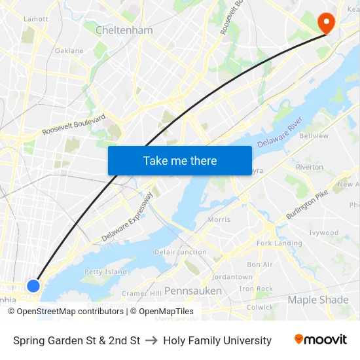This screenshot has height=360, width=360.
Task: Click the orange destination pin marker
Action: point(325,23)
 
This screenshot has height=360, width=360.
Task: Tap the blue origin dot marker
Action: point(33,285)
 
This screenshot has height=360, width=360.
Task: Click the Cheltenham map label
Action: point(124,30)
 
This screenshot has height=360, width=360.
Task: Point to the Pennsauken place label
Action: point(192,291)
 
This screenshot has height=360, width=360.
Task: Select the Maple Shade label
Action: point(318,300)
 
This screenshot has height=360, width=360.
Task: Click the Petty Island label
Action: point(105,272)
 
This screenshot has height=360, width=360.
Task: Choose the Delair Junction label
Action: point(181,252)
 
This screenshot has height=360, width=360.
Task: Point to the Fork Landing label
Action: point(279,243)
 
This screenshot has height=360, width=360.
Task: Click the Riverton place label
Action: point(310,167)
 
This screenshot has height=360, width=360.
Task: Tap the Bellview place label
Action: point(314,136)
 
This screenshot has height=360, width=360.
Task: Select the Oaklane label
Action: point(69,50)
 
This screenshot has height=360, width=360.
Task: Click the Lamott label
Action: point(35,19)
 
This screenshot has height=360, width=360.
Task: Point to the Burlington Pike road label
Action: point(306,206)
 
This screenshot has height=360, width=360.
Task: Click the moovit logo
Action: point(321,340)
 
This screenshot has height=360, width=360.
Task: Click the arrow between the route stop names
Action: point(151,340)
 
